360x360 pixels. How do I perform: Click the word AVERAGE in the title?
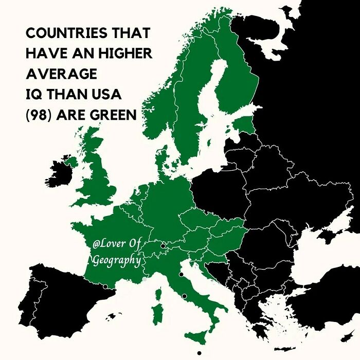(x=61, y=74)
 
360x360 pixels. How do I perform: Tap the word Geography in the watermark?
(x=116, y=261)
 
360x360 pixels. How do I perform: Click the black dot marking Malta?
(x=199, y=353)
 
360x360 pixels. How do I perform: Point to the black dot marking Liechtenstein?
(x=163, y=246)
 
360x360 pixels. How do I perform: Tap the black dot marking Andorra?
(x=105, y=286)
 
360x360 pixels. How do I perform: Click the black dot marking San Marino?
(x=181, y=275)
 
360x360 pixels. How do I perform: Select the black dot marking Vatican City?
(x=184, y=296)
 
